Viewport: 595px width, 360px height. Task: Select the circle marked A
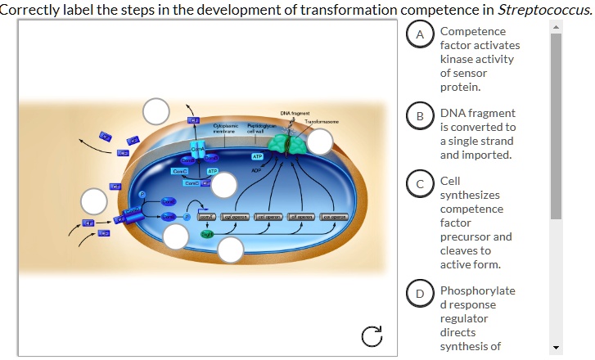click(x=421, y=35)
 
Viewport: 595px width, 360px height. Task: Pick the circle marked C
click(x=421, y=185)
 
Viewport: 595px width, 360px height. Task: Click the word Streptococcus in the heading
click(x=550, y=9)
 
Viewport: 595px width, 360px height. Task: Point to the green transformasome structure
click(x=288, y=143)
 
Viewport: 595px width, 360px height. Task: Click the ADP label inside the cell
click(x=255, y=171)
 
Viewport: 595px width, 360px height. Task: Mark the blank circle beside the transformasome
click(x=320, y=142)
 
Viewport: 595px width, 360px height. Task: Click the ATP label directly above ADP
click(x=257, y=155)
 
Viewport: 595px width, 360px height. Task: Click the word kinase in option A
click(x=455, y=59)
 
